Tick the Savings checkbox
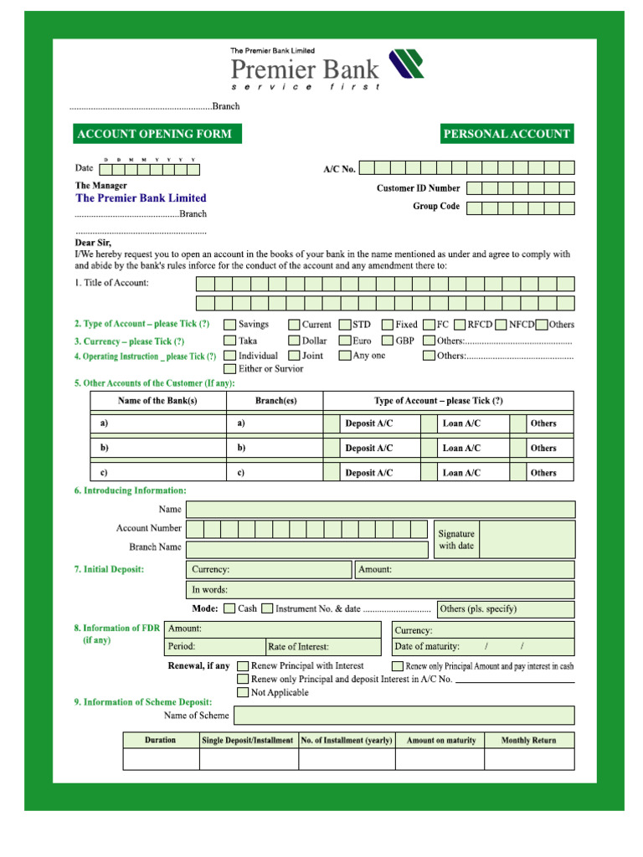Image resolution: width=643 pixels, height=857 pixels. pyautogui.click(x=229, y=325)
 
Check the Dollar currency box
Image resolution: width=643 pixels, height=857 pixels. pyautogui.click(x=294, y=341)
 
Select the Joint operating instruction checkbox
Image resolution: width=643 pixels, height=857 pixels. pyautogui.click(x=294, y=356)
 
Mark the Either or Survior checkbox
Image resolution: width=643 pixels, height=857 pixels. pyautogui.click(x=229, y=368)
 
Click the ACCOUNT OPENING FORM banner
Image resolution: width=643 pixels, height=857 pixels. pyautogui.click(x=154, y=134)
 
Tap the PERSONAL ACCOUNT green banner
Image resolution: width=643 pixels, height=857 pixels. pyautogui.click(x=507, y=134)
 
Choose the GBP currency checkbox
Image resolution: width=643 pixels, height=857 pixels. pyautogui.click(x=388, y=341)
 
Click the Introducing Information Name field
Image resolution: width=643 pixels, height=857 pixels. pyautogui.click(x=380, y=510)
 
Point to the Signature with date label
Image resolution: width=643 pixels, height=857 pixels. pyautogui.click(x=456, y=540)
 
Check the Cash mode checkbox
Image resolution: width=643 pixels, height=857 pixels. pyautogui.click(x=229, y=608)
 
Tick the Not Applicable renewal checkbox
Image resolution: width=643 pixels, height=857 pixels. pyautogui.click(x=243, y=693)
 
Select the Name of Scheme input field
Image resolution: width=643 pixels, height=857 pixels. pyautogui.click(x=404, y=716)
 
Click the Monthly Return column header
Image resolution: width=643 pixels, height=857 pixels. pyautogui.click(x=528, y=740)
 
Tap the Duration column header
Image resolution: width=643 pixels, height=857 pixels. pyautogui.click(x=161, y=740)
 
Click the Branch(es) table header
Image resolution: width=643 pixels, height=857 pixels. pyautogui.click(x=275, y=401)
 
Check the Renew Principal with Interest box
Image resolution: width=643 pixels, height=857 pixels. pyautogui.click(x=243, y=666)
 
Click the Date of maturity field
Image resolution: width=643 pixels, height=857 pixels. pyautogui.click(x=483, y=647)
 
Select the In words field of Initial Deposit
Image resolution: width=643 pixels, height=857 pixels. pyautogui.click(x=380, y=590)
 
